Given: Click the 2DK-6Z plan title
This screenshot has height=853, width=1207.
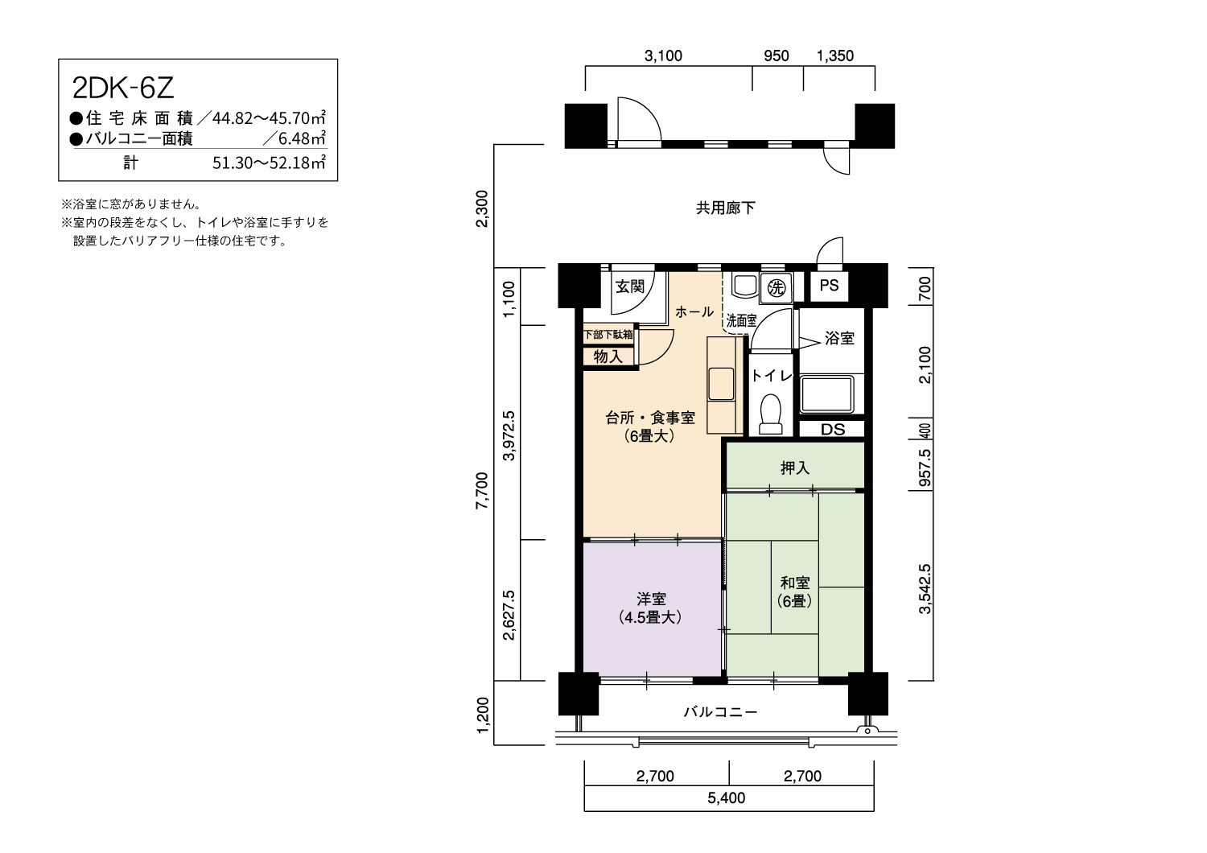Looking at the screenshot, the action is tap(123, 89).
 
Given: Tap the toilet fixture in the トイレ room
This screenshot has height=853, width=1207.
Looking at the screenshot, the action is tap(771, 414).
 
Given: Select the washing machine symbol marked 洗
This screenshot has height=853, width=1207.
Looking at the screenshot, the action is tap(777, 288).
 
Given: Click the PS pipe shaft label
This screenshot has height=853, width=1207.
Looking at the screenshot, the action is tap(830, 285).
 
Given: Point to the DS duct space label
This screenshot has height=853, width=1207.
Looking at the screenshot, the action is tap(833, 430).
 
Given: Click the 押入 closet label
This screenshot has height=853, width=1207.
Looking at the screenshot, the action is tap(795, 468).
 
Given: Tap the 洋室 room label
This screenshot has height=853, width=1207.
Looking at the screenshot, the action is tap(651, 599).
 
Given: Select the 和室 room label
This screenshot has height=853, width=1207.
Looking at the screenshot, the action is tap(795, 583).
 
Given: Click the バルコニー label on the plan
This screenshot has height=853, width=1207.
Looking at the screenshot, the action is tap(720, 712).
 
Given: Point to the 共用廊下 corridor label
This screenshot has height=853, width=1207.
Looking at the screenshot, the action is tap(725, 208).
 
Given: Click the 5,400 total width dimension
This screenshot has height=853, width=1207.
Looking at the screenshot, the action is tap(727, 797).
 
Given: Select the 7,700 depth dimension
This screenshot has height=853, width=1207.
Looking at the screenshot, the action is tap(482, 490).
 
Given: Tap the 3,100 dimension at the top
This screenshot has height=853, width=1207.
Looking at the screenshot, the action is tap(663, 56).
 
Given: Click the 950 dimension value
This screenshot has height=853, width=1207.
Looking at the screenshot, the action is tap(777, 56).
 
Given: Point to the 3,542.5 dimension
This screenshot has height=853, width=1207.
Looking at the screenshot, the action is tap(925, 588).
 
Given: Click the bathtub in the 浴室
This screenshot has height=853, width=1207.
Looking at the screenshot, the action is tap(828, 394).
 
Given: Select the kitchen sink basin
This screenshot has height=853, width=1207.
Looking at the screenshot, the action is tap(721, 384).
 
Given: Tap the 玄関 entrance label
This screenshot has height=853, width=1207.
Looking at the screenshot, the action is tap(630, 286).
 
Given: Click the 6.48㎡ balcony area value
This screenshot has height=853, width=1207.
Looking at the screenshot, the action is tap(302, 139).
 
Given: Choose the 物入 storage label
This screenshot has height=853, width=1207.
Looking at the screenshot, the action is tap(608, 356).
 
